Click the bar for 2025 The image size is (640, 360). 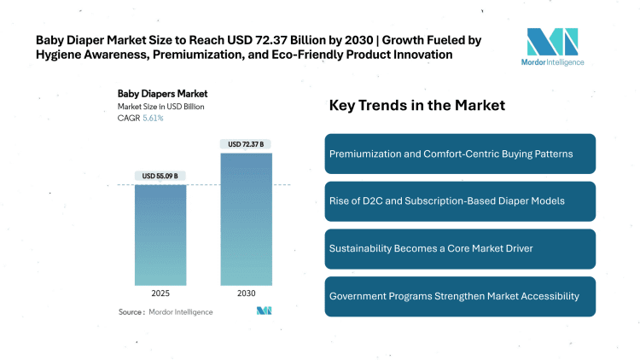click(160, 235)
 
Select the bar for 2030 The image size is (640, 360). click(247, 218)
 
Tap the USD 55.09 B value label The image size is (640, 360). click(160, 177)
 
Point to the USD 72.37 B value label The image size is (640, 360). click(247, 144)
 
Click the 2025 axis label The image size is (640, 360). click(160, 293)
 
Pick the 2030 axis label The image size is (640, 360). click(247, 293)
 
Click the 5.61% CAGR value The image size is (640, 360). click(152, 118)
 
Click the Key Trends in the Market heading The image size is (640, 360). click(417, 106)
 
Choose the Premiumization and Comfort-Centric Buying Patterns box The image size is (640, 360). click(460, 154)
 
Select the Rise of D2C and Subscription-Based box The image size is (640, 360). click(460, 201)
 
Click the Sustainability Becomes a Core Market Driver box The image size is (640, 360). click(460, 249)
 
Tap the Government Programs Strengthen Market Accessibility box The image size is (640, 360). click(460, 296)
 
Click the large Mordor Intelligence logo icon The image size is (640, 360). click(553, 42)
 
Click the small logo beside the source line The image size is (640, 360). click(264, 311)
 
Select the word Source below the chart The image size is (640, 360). click(131, 312)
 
